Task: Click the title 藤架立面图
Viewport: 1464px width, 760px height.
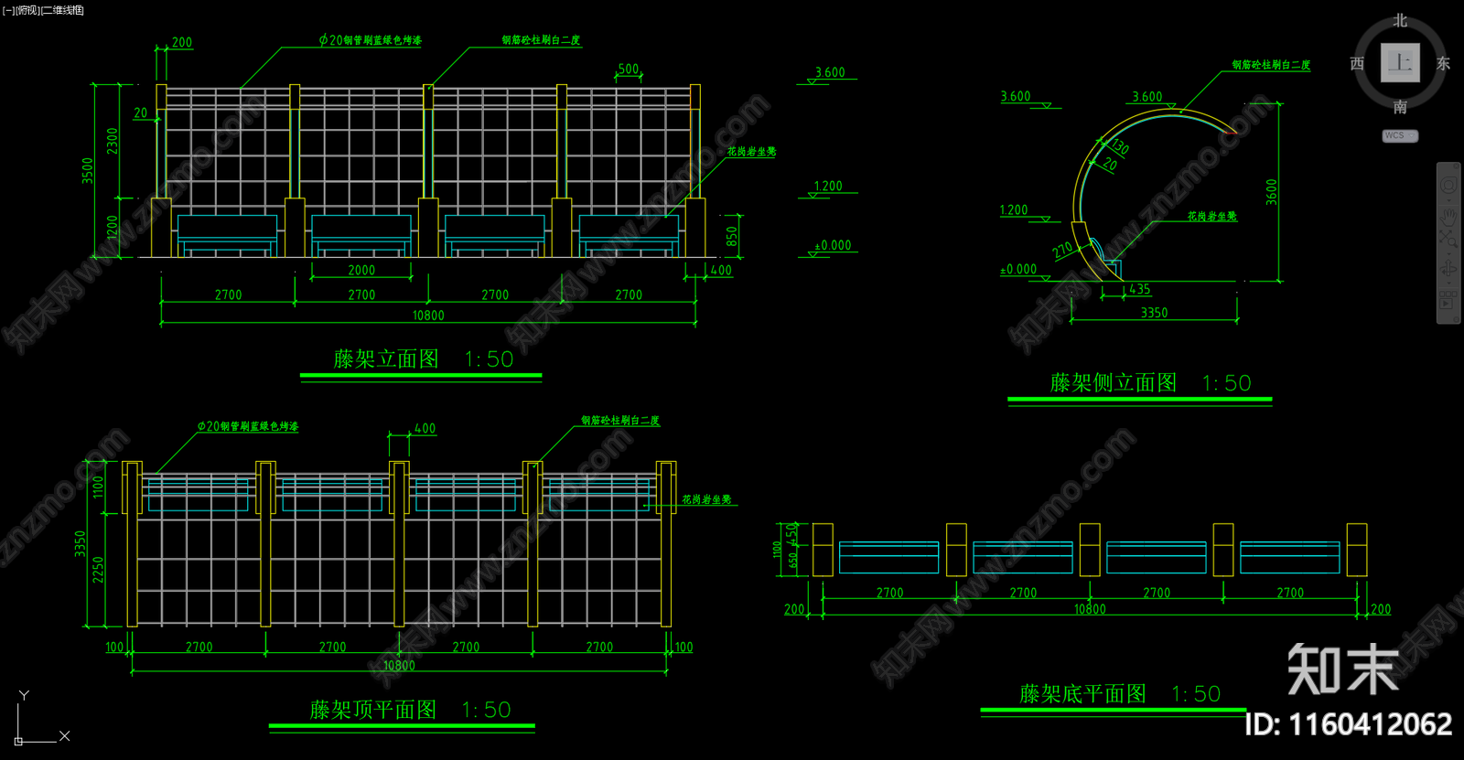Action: pos(386,359)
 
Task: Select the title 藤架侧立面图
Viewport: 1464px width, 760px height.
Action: pos(1113,383)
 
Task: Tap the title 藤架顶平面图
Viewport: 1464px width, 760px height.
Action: pos(372,711)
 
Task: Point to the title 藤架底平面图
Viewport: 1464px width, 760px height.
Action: pos(1082,694)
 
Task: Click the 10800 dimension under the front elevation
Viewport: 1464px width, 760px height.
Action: pos(428,316)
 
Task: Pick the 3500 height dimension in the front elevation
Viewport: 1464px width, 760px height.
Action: pos(88,170)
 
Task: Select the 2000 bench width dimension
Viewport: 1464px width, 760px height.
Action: pos(361,270)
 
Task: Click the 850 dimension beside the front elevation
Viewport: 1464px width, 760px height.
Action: pos(732,237)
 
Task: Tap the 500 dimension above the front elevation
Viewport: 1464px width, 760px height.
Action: pos(629,70)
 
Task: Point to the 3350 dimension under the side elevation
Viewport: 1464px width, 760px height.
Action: pos(1154,313)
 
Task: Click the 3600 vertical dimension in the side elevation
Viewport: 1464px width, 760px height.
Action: pos(1271,192)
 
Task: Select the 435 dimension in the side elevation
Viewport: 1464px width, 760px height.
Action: pos(1140,289)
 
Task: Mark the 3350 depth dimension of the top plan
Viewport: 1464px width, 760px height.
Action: pos(81,544)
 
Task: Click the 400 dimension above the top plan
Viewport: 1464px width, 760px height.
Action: pos(425,428)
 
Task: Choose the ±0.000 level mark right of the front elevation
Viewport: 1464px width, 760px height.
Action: pos(833,245)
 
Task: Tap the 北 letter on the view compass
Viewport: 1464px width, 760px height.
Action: pos(1400,20)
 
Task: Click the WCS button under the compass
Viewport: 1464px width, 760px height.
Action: pos(1399,135)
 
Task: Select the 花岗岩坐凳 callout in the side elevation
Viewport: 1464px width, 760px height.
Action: pos(1211,217)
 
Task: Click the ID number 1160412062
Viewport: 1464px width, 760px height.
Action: pos(1348,724)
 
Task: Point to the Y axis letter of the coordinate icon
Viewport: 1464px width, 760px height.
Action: pos(24,695)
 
